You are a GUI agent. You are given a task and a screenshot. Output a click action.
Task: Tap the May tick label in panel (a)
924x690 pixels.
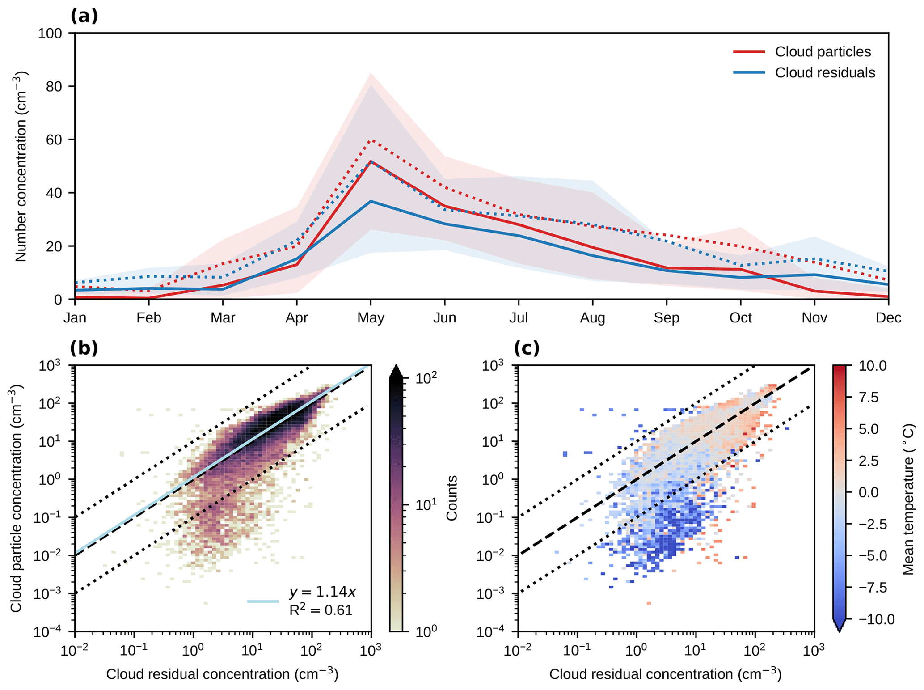[x=371, y=318]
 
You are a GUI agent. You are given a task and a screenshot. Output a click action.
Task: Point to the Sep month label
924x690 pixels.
[x=666, y=318]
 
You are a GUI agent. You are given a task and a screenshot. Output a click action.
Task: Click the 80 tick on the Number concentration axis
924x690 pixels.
[x=54, y=86]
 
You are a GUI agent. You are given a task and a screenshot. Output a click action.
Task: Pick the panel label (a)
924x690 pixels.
[x=84, y=16]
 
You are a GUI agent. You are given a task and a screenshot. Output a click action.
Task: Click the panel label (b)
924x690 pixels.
[x=84, y=348]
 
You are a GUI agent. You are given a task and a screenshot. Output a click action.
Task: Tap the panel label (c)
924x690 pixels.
[x=527, y=348]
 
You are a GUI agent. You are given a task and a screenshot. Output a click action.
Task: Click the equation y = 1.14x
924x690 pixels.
[x=322, y=592]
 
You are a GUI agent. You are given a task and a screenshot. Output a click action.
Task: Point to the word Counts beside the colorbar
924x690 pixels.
[x=452, y=498]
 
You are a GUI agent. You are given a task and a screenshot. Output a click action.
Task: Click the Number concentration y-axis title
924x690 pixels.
[x=21, y=166]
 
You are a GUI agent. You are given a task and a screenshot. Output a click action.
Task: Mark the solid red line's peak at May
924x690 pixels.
[x=371, y=161]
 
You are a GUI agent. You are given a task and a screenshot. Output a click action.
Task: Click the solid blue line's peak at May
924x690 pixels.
[x=371, y=201]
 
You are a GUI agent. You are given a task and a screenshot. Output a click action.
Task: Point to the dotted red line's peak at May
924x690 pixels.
[x=371, y=140]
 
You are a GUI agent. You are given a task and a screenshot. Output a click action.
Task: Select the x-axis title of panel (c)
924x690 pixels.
[x=665, y=674]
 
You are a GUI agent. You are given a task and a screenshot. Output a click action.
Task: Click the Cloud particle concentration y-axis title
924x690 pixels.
[x=16, y=498]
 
